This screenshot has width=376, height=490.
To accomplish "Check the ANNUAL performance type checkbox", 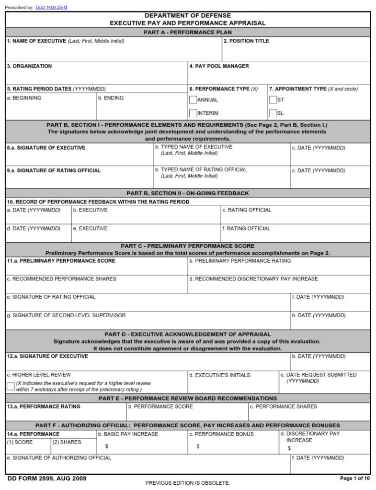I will point(193,100).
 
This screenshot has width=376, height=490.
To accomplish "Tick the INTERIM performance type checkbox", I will point(193,113).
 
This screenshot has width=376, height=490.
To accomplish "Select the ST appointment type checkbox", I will point(273,100).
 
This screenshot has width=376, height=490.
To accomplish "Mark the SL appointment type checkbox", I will point(273,113).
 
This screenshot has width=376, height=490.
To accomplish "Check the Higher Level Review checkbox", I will point(11,387).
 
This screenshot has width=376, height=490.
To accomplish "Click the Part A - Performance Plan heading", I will point(188,32).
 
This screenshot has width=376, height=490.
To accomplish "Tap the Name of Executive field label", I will point(36,41).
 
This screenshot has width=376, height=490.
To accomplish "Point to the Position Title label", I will point(246,41).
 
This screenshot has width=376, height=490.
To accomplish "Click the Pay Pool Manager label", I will point(219,66).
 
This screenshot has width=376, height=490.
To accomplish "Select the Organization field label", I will point(29,66).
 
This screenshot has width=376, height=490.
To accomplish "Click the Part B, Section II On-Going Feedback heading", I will point(188,193).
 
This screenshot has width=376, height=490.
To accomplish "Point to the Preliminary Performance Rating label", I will point(240,261).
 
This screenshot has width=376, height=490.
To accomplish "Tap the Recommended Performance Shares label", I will point(61,278).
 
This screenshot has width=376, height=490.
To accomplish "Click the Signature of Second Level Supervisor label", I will point(66,315).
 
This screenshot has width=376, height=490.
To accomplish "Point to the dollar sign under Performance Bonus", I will point(198,446).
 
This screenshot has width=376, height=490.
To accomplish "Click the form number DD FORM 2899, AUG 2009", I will point(47,479).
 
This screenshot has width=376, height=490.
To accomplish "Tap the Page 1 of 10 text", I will point(354,479).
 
